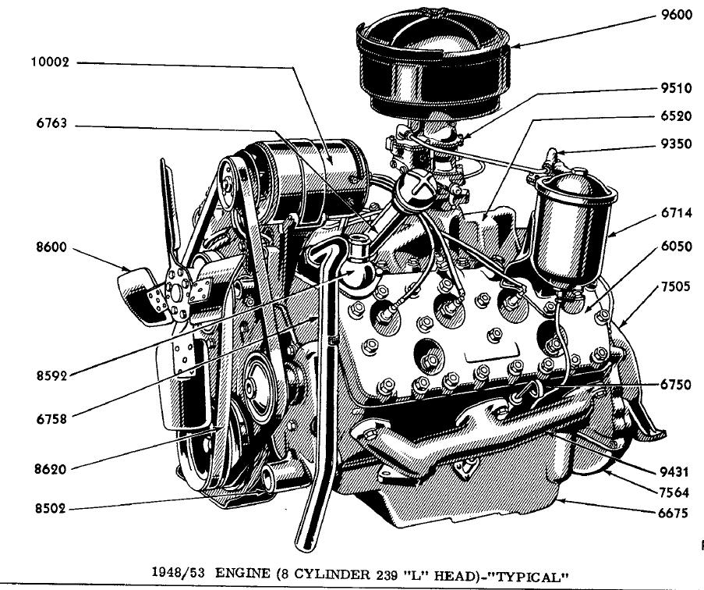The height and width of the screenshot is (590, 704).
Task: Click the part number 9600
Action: [x=675, y=17]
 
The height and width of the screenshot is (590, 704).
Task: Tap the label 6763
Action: [x=51, y=125]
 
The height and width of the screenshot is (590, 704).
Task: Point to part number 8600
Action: [x=51, y=249]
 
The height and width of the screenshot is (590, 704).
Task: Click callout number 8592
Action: [x=50, y=375]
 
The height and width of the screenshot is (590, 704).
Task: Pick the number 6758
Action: [x=50, y=419]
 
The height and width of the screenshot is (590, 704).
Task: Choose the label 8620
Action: [x=50, y=470]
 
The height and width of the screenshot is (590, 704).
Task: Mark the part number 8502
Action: [x=50, y=510]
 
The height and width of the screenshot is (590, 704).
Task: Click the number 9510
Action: [x=675, y=88]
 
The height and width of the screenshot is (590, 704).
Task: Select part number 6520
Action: [x=675, y=116]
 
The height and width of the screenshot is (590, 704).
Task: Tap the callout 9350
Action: [x=675, y=144]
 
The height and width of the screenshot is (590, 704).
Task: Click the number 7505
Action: [x=675, y=287]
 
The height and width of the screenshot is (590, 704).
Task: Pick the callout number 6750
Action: [x=675, y=385]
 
